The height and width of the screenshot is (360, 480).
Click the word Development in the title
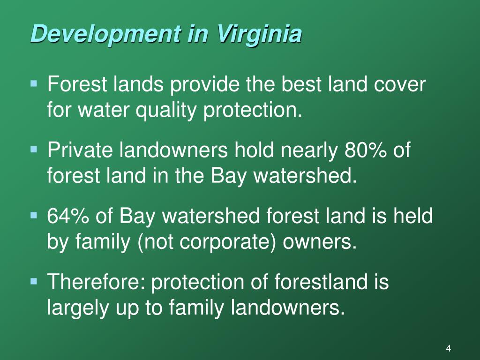[105, 34]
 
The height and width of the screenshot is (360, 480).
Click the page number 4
[449, 348]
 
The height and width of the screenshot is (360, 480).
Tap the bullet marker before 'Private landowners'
[34, 150]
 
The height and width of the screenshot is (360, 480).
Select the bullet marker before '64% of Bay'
[34, 216]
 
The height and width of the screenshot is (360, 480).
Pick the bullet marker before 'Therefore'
[34, 281]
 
